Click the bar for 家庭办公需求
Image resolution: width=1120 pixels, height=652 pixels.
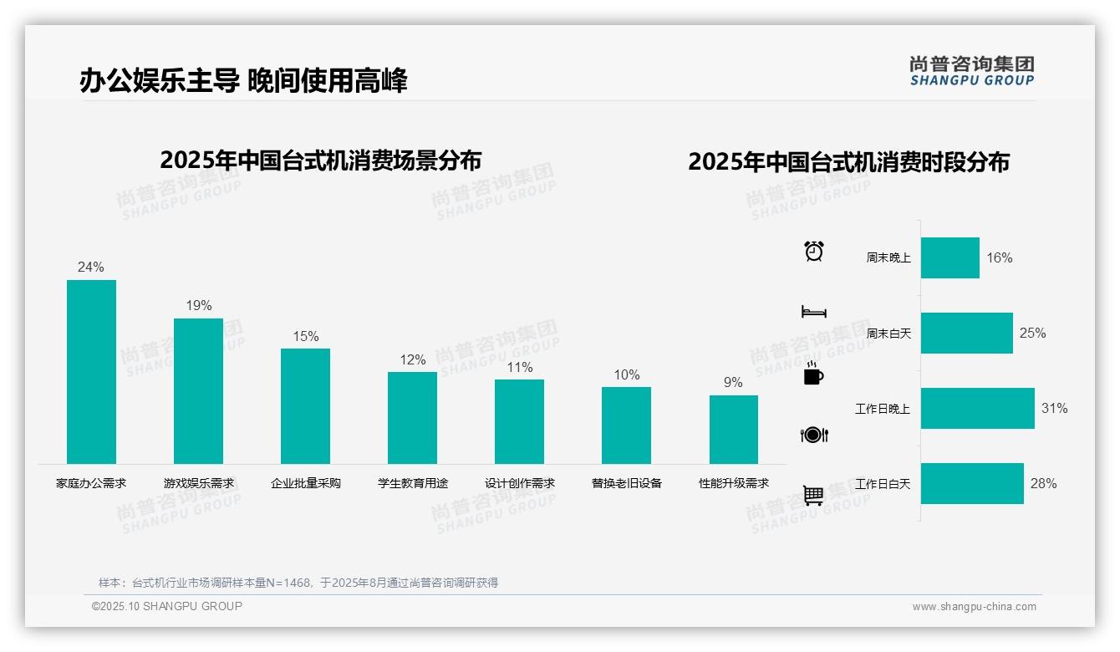point(91,372)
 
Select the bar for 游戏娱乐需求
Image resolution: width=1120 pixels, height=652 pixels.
point(198,391)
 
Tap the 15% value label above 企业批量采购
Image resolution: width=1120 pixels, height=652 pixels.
point(305,336)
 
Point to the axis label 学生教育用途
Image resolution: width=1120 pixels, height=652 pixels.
point(413,483)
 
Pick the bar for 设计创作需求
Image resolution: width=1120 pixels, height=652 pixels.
point(519,421)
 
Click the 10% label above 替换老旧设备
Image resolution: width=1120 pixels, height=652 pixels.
point(626,374)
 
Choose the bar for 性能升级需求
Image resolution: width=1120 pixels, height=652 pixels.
point(733,430)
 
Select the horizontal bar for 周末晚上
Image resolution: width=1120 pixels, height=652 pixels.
point(949,257)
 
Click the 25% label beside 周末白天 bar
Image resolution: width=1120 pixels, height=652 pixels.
point(1032,333)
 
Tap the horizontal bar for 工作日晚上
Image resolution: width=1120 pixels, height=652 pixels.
point(977,408)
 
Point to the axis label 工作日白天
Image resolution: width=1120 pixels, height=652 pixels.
point(883,484)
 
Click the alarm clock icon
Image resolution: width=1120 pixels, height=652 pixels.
point(813,251)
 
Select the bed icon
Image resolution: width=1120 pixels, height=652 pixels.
point(813,312)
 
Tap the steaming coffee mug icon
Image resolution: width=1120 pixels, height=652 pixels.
point(813,374)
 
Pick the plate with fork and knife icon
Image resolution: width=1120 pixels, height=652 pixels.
point(813,435)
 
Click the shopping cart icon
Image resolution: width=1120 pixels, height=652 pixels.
point(813,496)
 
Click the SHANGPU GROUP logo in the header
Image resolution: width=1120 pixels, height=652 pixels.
point(971,70)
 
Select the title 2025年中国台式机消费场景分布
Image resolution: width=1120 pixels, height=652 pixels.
point(320,160)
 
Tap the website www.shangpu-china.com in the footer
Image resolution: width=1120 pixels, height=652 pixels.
point(974,607)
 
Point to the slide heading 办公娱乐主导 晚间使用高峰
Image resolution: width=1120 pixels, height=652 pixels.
point(243,80)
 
